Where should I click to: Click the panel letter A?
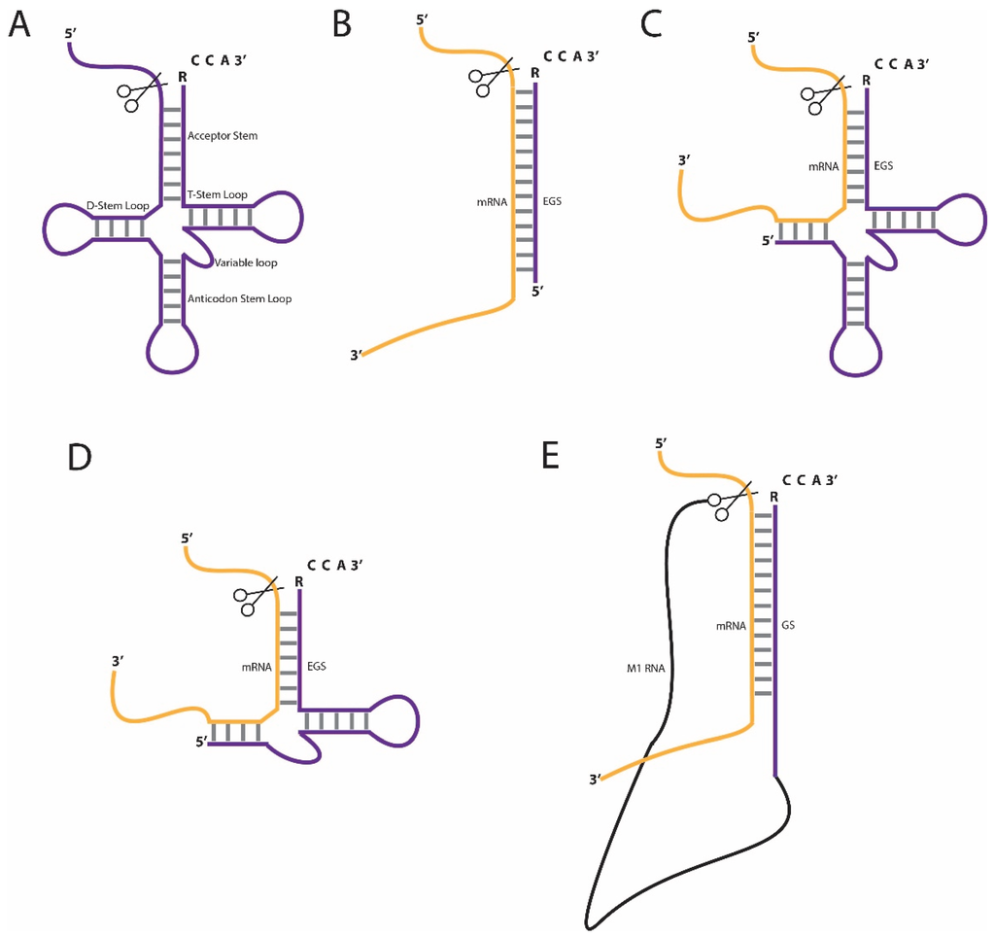[19, 25]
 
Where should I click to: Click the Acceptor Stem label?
[223, 136]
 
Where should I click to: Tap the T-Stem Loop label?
[217, 194]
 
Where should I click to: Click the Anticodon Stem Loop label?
[239, 298]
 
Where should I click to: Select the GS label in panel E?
[788, 627]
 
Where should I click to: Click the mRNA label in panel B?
[490, 202]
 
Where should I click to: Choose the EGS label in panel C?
[883, 166]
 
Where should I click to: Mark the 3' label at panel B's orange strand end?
[357, 355]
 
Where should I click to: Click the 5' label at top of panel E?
[662, 443]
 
